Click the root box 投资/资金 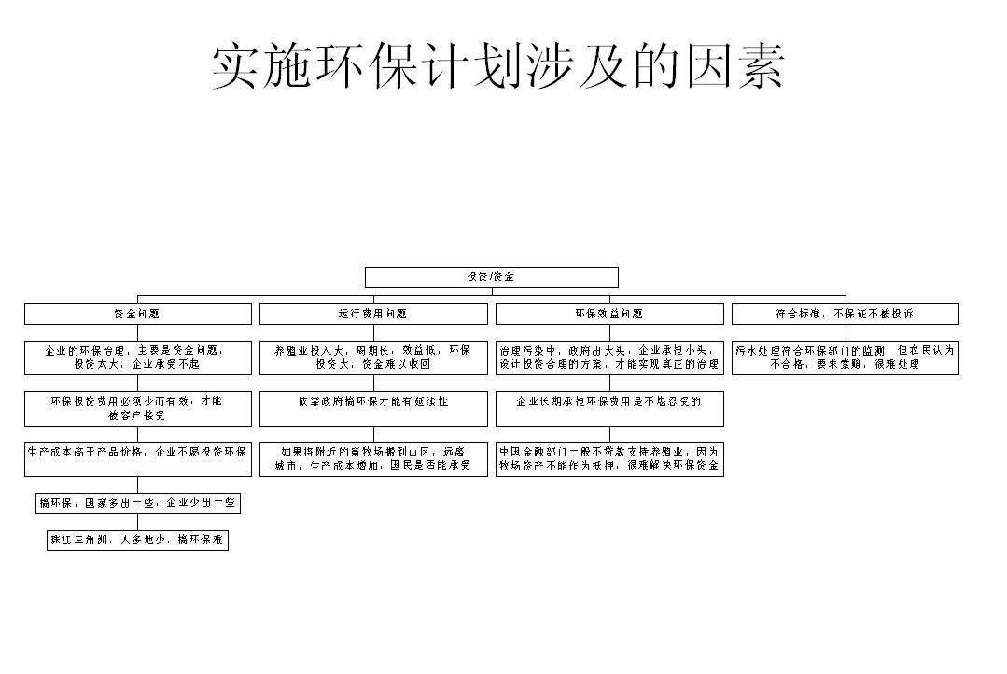pos(491,277)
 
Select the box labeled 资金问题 pos(137,314)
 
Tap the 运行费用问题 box pos(373,314)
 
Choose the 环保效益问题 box pos(609,314)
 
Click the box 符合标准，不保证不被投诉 pos(846,314)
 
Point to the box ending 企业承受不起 pos(137,358)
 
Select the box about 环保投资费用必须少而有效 pos(137,408)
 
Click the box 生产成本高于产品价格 pos(137,458)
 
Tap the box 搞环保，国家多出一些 pos(138,504)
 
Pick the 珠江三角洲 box pos(138,541)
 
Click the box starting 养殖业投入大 pos(373,358)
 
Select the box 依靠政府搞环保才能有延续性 pos(373,408)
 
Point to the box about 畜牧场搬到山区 pos(373,458)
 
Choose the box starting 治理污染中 pos(609,358)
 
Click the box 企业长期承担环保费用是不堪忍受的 pos(609,408)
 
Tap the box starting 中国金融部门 pos(609,458)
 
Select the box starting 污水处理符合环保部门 pos(846,358)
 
